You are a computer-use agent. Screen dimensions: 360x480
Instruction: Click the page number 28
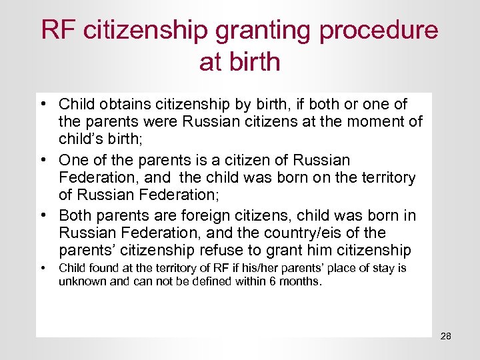click(445, 336)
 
